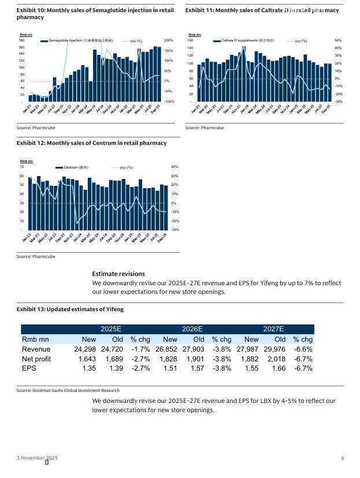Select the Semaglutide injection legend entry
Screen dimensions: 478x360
80,40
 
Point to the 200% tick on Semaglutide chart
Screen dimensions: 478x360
169,40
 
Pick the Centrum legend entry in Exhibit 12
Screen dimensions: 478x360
76,167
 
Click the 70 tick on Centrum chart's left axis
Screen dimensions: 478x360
22,167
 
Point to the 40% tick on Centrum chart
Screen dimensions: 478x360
175,167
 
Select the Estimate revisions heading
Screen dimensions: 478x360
118,274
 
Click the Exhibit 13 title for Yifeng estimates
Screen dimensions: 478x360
70,309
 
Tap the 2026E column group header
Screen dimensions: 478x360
192,328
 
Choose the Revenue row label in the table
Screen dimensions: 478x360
36,349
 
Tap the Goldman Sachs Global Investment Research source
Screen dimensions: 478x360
68,391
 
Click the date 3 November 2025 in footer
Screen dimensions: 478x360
37,458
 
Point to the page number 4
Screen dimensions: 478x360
343,458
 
